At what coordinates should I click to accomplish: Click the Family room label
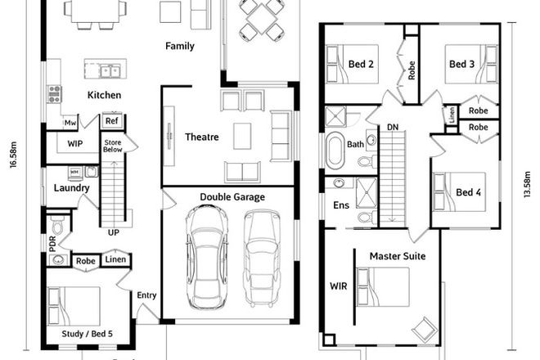(180, 46)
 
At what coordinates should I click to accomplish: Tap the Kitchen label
(104, 95)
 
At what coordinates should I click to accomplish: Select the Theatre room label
(201, 137)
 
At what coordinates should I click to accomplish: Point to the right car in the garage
(262, 257)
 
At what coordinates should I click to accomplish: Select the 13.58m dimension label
(524, 190)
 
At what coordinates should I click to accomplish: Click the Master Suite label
(397, 256)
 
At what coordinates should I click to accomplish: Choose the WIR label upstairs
(338, 286)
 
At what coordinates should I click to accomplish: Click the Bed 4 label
(468, 192)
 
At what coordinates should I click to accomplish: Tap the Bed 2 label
(362, 64)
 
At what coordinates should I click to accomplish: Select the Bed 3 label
(461, 64)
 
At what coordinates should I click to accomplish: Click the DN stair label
(393, 128)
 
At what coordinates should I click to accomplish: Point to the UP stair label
(114, 232)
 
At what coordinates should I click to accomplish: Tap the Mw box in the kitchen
(72, 124)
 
